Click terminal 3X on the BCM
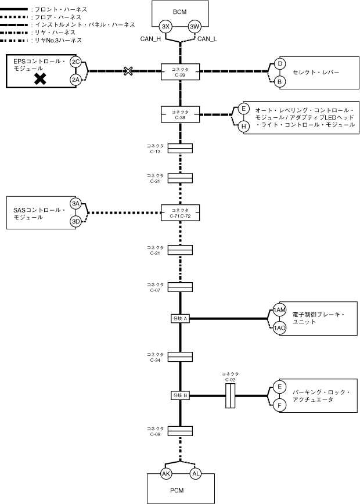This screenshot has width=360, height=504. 165,27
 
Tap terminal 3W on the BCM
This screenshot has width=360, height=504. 195,27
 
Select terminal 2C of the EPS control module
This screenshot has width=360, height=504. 75,62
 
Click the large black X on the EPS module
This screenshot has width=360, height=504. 40,79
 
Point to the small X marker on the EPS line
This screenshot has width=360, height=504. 128,71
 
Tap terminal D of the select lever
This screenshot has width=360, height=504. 279,63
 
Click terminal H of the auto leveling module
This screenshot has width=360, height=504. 244,125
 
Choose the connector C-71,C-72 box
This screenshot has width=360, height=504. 180,213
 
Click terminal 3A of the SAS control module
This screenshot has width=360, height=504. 75,203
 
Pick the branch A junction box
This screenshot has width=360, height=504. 180,318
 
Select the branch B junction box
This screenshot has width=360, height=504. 180,395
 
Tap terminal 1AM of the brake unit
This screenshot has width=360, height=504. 280,310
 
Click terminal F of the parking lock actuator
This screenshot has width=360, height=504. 279,405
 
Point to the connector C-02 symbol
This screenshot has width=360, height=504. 230,396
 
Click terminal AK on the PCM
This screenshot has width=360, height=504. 165,474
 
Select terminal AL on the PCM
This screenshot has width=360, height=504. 195,474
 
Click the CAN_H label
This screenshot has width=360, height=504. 150,39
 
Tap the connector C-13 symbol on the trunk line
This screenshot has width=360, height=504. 180,149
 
